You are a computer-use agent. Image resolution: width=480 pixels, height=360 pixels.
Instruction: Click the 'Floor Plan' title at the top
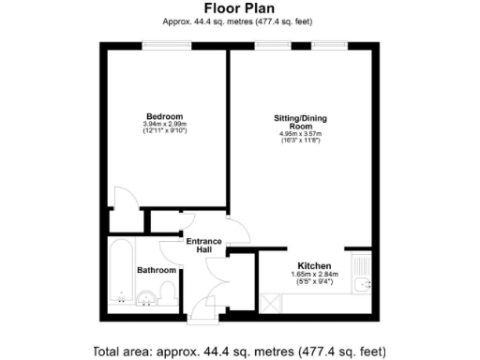pyautogui.click(x=239, y=8)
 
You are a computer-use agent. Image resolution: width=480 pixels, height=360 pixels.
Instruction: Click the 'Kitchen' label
pyautogui.click(x=314, y=265)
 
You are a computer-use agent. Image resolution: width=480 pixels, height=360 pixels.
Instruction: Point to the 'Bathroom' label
pyautogui.click(x=157, y=270)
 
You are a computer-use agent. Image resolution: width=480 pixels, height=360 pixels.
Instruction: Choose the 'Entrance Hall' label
pyautogui.click(x=203, y=247)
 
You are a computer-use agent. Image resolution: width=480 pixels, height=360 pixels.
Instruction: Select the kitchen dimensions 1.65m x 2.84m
pyautogui.click(x=314, y=275)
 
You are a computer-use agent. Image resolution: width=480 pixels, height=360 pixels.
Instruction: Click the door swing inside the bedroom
pyautogui.click(x=122, y=198)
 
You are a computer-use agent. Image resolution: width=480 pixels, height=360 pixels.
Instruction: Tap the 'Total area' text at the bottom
pyautogui.click(x=239, y=351)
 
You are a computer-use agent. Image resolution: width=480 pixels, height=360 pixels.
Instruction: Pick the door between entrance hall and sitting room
pyautogui.click(x=238, y=235)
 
